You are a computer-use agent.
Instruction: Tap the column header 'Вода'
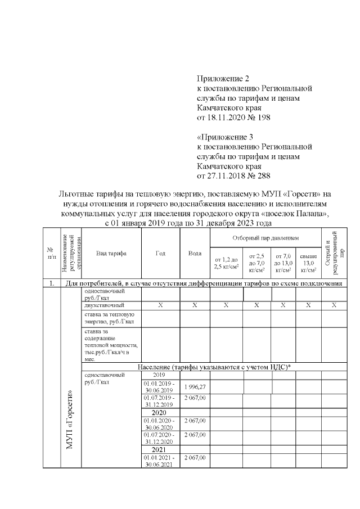195,253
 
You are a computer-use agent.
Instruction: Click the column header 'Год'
160,253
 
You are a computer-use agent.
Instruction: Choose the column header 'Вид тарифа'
111,253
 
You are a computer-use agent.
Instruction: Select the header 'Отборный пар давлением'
265,238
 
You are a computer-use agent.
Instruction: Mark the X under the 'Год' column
160,305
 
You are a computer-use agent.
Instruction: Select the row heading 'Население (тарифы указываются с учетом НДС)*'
212,367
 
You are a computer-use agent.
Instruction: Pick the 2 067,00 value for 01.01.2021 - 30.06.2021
195,458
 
